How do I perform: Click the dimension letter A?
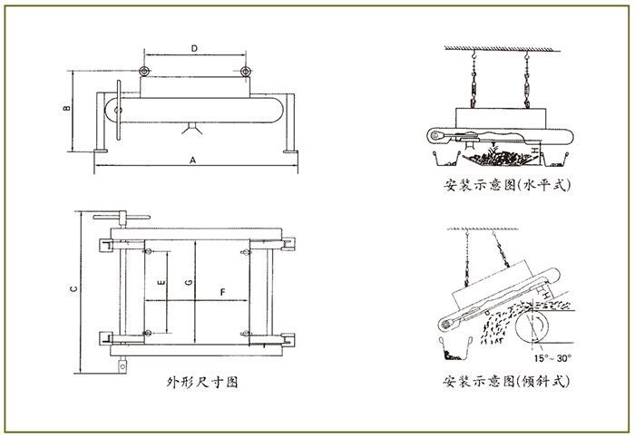(x=192, y=160)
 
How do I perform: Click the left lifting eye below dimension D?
(x=144, y=71)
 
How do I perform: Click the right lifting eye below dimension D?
(x=245, y=71)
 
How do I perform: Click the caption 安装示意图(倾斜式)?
(x=508, y=382)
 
